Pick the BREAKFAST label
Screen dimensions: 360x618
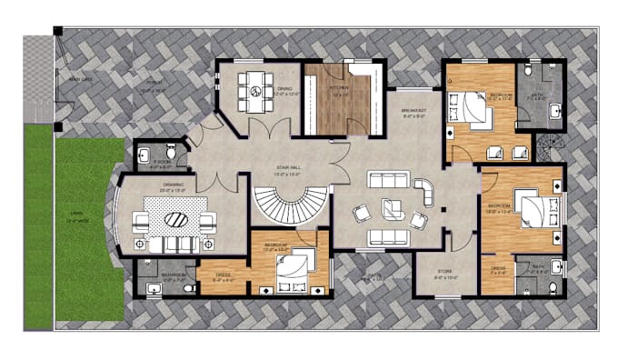(x=414, y=113)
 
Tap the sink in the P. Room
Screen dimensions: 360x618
(x=145, y=155)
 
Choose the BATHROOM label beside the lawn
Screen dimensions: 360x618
(x=173, y=274)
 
